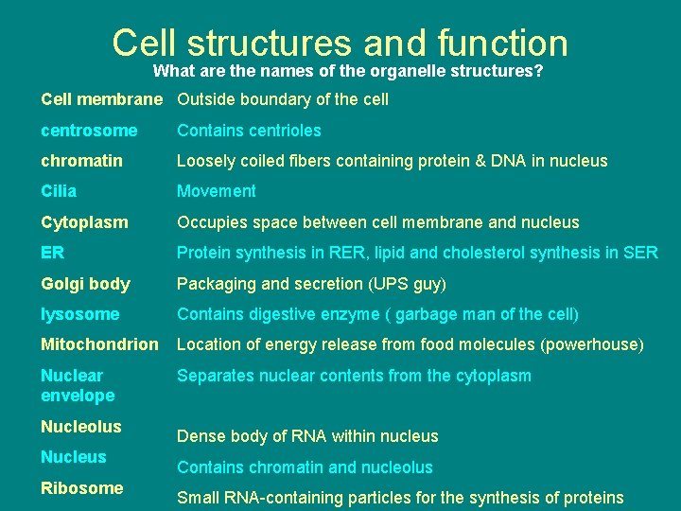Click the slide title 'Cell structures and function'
click(x=340, y=43)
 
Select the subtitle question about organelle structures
click(x=347, y=71)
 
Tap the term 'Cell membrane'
click(x=102, y=99)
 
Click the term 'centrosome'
click(x=89, y=131)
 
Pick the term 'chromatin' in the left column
click(x=81, y=161)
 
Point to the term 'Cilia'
click(x=59, y=191)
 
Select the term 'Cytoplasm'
click(x=84, y=222)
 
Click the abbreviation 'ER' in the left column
click(x=53, y=253)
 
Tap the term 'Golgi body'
click(x=85, y=284)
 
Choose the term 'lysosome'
click(x=80, y=314)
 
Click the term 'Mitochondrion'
click(x=99, y=344)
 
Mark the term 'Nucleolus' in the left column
click(x=80, y=427)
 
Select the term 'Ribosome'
click(x=81, y=488)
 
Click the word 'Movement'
click(x=217, y=191)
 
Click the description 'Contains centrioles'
click(x=249, y=131)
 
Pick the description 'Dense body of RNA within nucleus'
click(x=307, y=436)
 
